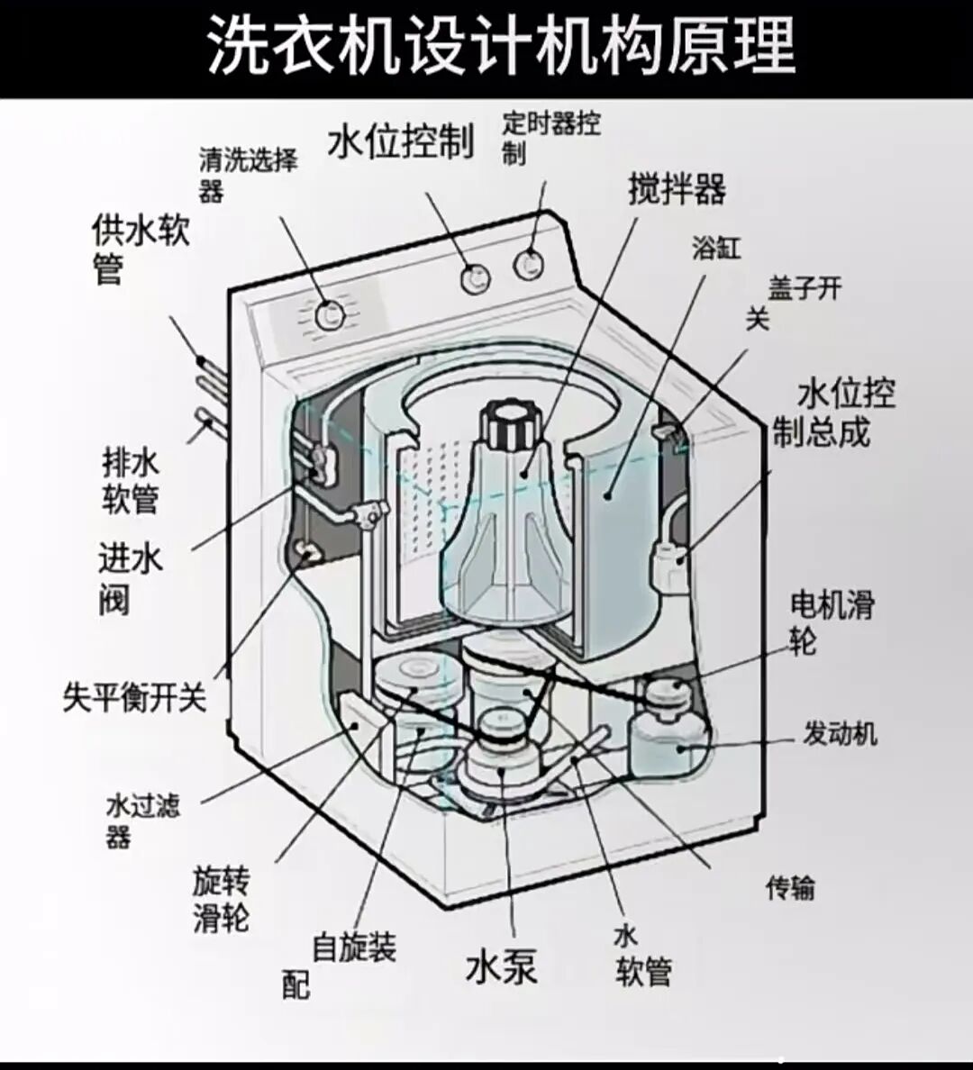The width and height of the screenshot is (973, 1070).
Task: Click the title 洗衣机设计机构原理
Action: [x=501, y=45]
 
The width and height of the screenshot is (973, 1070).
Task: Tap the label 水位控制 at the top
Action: [x=400, y=141]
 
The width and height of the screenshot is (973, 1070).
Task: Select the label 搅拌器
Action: [x=677, y=189]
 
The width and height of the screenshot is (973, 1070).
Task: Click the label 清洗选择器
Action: [x=248, y=175]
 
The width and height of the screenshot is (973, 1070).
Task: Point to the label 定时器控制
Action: [x=550, y=137]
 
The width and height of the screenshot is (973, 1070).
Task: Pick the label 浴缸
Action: [x=716, y=248]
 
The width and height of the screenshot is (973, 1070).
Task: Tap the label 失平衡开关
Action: [x=134, y=696]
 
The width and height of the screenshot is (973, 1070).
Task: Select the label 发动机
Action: [x=840, y=734]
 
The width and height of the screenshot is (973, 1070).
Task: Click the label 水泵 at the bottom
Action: [x=502, y=968]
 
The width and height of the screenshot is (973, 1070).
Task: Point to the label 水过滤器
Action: [x=142, y=820]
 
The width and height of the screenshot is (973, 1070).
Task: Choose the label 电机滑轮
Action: [x=832, y=621]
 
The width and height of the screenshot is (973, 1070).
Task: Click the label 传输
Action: [x=790, y=888]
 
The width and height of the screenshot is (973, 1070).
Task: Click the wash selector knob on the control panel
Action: [x=331, y=314]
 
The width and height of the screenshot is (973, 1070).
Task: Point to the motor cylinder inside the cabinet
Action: [x=667, y=739]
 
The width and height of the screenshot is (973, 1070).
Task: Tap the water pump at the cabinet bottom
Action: [x=502, y=748]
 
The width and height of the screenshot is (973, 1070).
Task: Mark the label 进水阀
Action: [x=129, y=578]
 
